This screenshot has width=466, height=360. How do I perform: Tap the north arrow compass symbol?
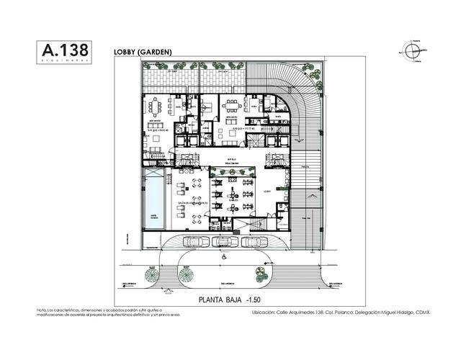pos(409,52)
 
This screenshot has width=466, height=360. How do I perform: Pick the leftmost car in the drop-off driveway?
pos(193,242)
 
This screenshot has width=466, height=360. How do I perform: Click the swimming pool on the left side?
pos(153,204)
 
